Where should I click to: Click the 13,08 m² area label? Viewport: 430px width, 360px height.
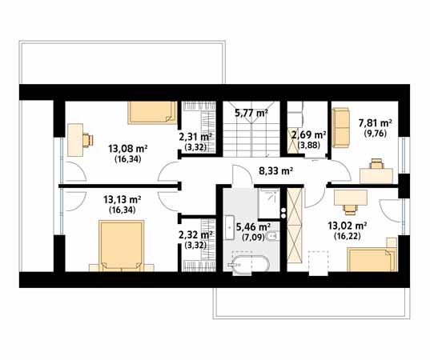click(x=128, y=149)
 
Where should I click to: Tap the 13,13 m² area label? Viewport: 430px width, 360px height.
click(x=123, y=199)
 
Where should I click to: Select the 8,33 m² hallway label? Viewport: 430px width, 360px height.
click(x=276, y=171)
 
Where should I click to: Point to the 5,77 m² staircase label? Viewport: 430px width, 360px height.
click(x=251, y=113)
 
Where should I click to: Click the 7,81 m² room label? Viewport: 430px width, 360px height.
click(x=376, y=123)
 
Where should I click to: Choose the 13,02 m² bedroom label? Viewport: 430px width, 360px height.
click(x=348, y=226)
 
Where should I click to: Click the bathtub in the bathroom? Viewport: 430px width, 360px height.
click(x=248, y=265)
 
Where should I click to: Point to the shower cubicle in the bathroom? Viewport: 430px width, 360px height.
click(x=269, y=203)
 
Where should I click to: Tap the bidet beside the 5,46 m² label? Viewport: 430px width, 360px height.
click(x=275, y=235)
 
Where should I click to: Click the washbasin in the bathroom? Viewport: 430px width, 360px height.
click(x=229, y=227)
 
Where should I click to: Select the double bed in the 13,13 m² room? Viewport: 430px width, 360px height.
click(x=122, y=246)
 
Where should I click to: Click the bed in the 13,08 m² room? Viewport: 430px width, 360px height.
click(x=152, y=113)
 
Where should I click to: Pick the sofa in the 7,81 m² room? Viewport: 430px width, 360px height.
click(x=341, y=128)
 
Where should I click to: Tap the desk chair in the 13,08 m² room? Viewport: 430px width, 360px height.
click(x=88, y=140)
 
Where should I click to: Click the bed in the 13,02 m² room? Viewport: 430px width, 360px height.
click(x=372, y=259)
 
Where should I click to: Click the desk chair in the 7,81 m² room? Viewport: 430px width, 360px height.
click(x=376, y=163)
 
